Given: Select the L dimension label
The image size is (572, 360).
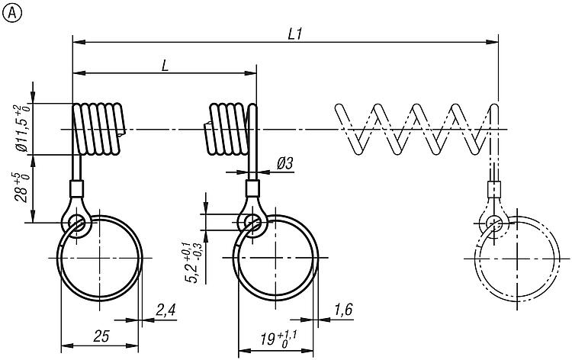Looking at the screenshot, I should click(165, 65).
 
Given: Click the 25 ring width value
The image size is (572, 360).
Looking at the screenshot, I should click(100, 336).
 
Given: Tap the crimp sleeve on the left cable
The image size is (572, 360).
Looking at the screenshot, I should click(76, 188).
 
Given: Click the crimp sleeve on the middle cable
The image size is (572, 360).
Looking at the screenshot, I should click(252, 188).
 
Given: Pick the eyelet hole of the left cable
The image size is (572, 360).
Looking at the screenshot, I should click(76, 223).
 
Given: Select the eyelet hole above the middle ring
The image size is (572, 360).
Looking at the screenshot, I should click(252, 222).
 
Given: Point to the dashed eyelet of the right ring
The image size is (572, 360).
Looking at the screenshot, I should click(493, 222).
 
